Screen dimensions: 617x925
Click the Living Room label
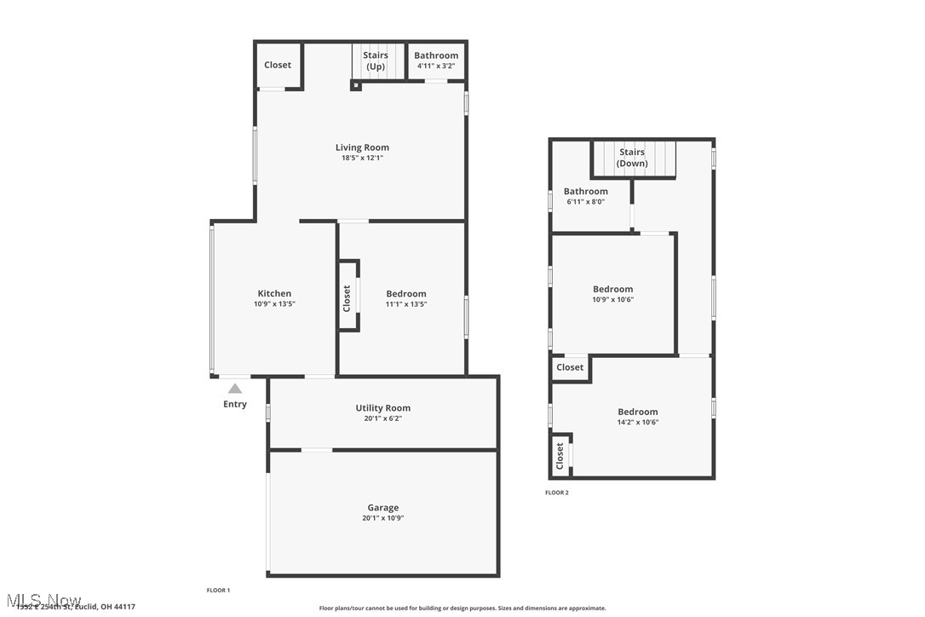[362, 147]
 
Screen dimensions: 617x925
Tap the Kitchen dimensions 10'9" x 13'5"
[274, 304]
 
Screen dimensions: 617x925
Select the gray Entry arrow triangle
[234, 389]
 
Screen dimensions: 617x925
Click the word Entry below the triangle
[235, 404]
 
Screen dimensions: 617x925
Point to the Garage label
[382, 508]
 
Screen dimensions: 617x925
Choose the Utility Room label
[382, 408]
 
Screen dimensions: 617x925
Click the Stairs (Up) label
[376, 61]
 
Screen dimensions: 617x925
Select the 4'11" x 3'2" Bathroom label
[436, 61]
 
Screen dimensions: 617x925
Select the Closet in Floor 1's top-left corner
[278, 65]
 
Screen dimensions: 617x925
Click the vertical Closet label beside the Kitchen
[347, 298]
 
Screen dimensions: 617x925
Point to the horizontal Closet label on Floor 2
[570, 367]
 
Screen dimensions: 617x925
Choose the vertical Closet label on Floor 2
[560, 456]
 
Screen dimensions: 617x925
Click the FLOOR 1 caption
[218, 591]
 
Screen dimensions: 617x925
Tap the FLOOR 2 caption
[557, 493]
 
